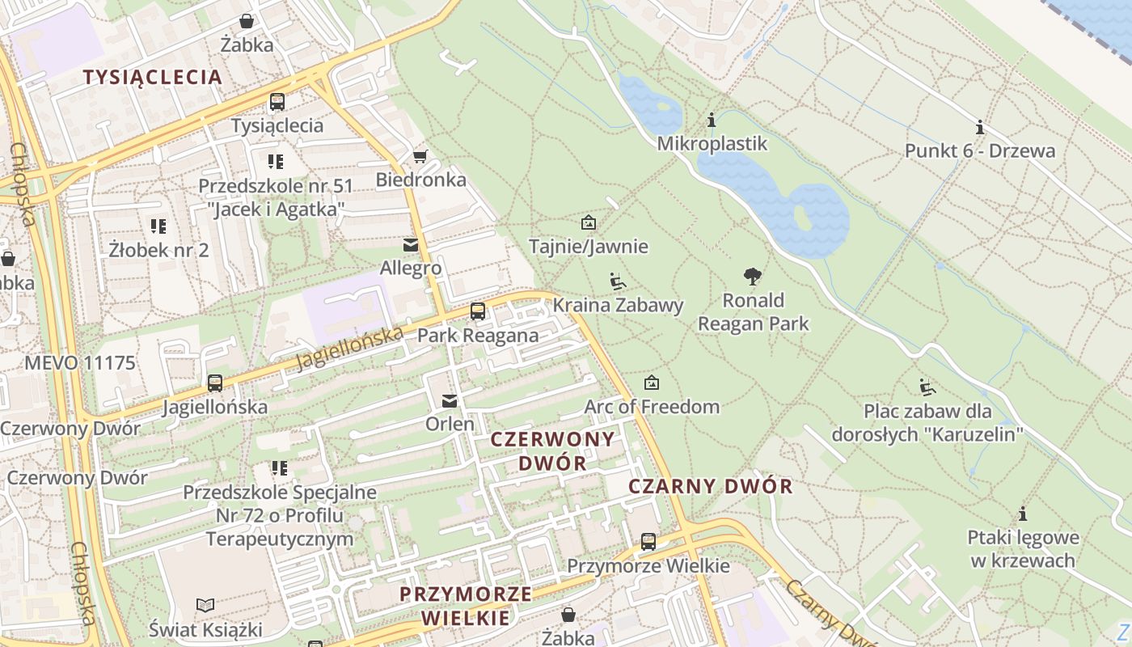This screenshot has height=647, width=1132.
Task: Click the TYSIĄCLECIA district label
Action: click(x=153, y=77)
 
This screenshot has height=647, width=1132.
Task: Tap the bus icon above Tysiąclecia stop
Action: click(x=277, y=102)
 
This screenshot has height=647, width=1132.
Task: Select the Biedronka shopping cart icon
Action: click(x=420, y=156)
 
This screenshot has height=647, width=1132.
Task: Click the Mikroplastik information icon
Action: click(x=712, y=121)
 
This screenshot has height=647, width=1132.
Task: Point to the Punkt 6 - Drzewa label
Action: click(x=979, y=150)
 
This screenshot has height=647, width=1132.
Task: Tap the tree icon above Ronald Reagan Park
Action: click(x=753, y=277)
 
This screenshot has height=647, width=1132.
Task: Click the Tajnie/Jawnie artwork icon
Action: click(x=588, y=222)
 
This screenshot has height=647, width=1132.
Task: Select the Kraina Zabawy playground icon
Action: click(x=618, y=281)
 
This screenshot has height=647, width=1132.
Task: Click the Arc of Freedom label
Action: click(x=652, y=406)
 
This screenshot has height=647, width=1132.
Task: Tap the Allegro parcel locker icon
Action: click(x=411, y=244)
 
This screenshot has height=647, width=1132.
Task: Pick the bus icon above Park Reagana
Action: click(x=478, y=311)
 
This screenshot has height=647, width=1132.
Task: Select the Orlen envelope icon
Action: click(x=450, y=400)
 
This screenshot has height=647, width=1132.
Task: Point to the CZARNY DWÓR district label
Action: click(x=711, y=486)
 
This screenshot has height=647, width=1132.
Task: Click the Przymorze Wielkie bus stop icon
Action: click(x=648, y=542)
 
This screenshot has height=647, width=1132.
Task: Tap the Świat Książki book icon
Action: click(x=205, y=605)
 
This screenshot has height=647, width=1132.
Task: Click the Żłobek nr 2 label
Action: click(x=158, y=250)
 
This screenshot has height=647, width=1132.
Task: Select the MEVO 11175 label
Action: click(x=79, y=362)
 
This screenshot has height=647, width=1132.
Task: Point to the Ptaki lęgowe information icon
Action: click(x=1023, y=514)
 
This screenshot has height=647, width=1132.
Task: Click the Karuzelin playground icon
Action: click(x=927, y=387)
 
